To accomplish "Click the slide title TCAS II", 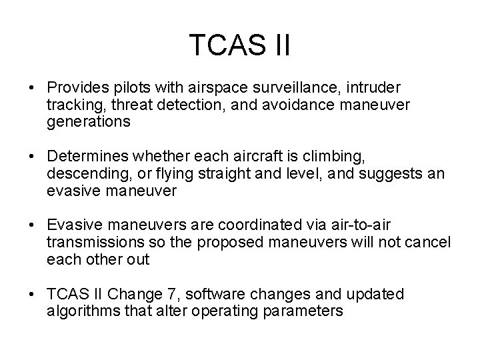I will tap(239, 45).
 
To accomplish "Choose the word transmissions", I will tap(91, 243).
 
